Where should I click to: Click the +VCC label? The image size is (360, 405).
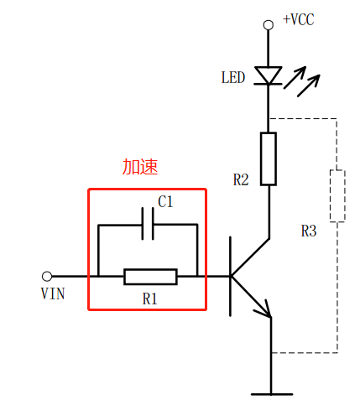[299, 19]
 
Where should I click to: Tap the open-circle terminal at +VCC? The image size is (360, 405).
[269, 25]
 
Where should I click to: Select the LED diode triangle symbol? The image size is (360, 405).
[268, 75]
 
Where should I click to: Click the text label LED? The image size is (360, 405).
[233, 77]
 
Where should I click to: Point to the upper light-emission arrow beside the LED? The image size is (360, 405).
[295, 77]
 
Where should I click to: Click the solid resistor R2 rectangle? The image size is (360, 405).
[269, 158]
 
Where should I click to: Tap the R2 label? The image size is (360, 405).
[241, 179]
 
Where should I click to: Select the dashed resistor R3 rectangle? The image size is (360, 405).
[337, 195]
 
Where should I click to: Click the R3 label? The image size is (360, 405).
[309, 231]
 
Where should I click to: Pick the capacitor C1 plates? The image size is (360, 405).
[148, 224]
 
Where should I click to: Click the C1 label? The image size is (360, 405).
[165, 201]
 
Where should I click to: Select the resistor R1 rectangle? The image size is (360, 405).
[150, 277]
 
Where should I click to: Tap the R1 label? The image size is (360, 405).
[149, 299]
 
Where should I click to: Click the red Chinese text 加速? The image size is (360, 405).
[140, 167]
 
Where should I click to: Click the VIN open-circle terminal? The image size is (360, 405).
[47, 276]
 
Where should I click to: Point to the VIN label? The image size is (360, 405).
[53, 293]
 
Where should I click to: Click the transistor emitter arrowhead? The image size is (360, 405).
[264, 310]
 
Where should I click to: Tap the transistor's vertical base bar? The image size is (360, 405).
[230, 277]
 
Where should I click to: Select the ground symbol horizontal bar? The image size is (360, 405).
[272, 394]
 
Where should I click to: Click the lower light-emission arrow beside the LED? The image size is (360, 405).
[309, 86]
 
